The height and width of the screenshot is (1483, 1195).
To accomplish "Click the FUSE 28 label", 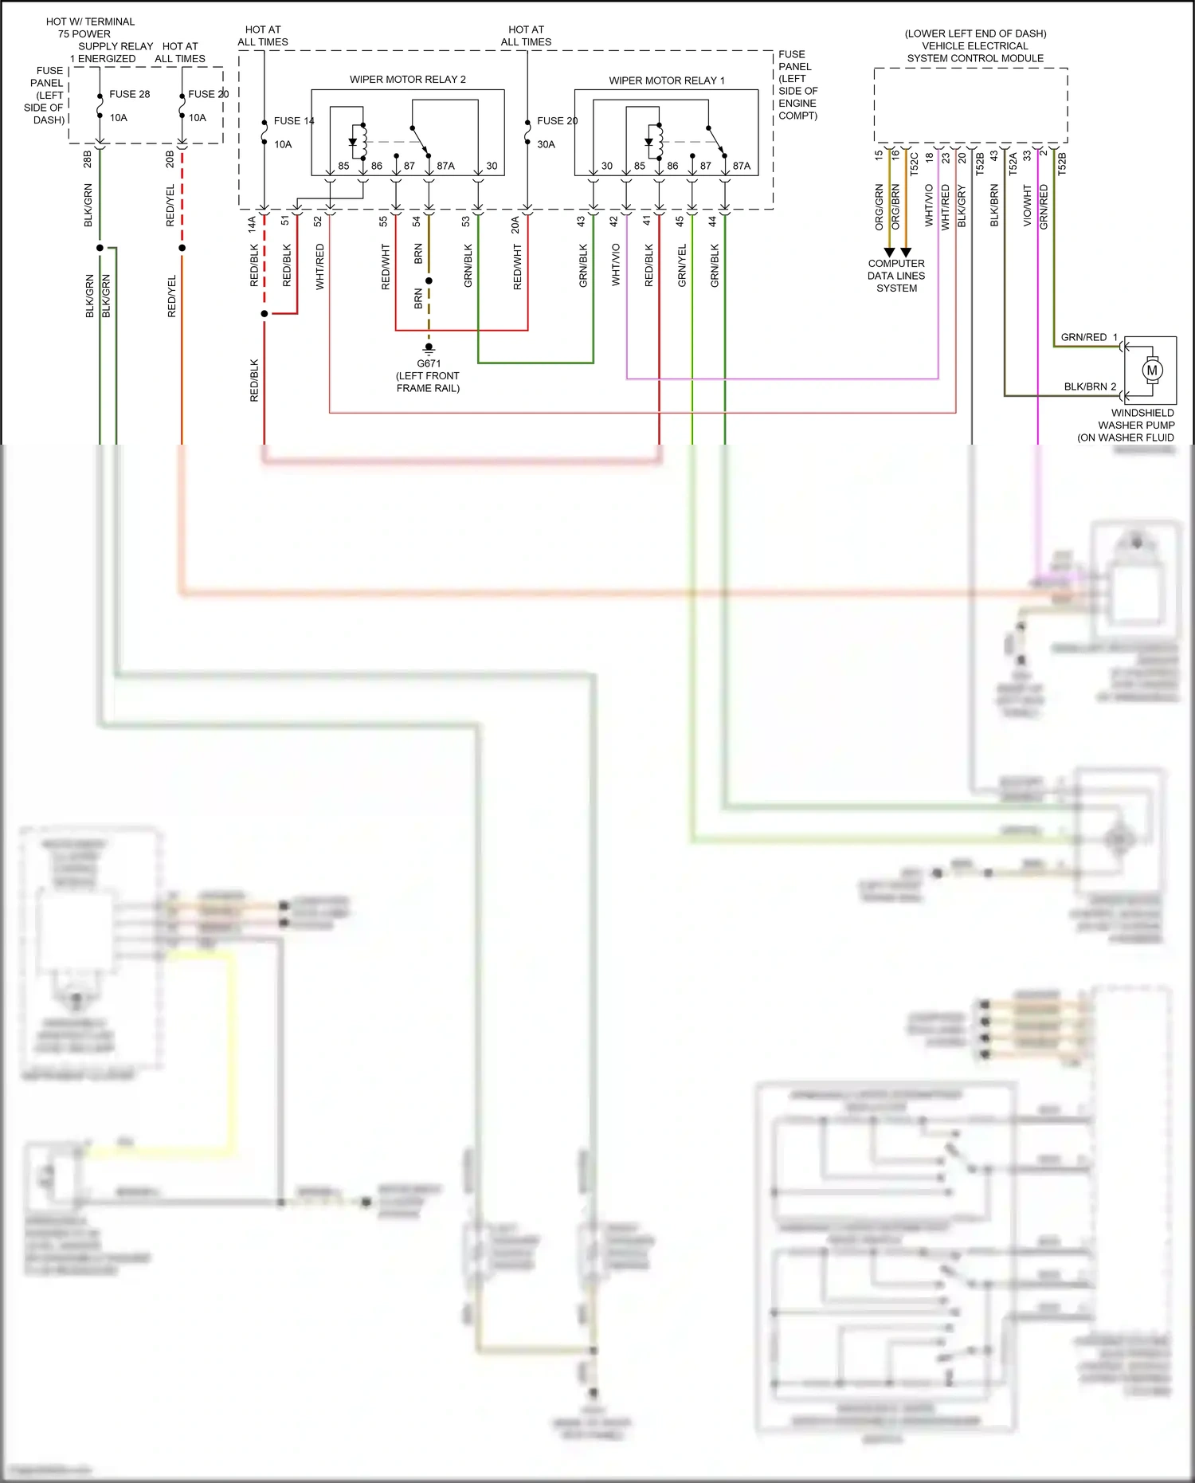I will (x=129, y=94).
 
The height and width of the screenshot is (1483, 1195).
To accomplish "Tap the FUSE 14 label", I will (x=293, y=121).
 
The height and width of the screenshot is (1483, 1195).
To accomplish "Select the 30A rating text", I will (x=546, y=144).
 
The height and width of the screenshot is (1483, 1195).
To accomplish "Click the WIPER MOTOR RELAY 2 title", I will (x=407, y=79).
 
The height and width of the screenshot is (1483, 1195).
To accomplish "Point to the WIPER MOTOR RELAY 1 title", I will (x=666, y=80).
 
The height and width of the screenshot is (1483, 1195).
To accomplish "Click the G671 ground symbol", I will (x=429, y=348).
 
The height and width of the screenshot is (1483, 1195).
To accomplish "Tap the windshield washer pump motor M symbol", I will (x=1152, y=371).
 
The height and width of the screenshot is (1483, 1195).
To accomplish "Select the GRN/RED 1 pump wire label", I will (x=1088, y=337).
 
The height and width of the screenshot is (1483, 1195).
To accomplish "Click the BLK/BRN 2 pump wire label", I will (x=1089, y=386).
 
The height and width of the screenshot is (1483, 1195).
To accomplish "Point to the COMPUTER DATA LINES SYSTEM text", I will (x=896, y=276).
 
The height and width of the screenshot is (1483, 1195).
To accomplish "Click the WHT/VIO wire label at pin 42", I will (x=616, y=265).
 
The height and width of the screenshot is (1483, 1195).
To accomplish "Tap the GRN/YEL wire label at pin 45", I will (x=682, y=265).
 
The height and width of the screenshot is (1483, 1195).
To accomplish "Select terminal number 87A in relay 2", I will (x=445, y=166).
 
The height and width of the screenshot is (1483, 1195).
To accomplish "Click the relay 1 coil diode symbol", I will (x=648, y=143).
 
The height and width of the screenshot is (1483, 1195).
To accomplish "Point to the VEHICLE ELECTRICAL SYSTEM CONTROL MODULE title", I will (x=975, y=46).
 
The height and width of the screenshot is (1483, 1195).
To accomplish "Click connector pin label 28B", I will (x=88, y=159).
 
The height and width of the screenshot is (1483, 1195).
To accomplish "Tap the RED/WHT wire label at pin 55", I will (x=386, y=266).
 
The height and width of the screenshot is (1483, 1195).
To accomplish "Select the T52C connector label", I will (x=913, y=163).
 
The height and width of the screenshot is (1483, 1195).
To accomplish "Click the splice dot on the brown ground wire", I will (x=429, y=281).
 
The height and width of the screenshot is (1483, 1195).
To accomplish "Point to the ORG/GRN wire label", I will (x=880, y=207).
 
